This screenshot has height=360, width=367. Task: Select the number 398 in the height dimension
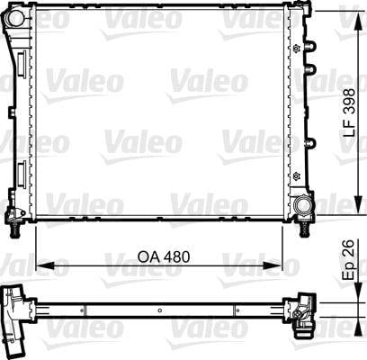coord(350,101)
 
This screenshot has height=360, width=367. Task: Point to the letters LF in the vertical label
coord(350,128)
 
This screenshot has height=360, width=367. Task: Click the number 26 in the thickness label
coord(349,248)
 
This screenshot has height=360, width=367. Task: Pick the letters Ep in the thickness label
coord(350,271)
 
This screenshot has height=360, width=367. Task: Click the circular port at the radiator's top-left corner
coord(14,18)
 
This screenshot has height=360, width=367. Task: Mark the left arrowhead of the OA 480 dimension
coord(45,265)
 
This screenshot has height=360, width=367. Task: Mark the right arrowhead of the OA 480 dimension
coord(273,265)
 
